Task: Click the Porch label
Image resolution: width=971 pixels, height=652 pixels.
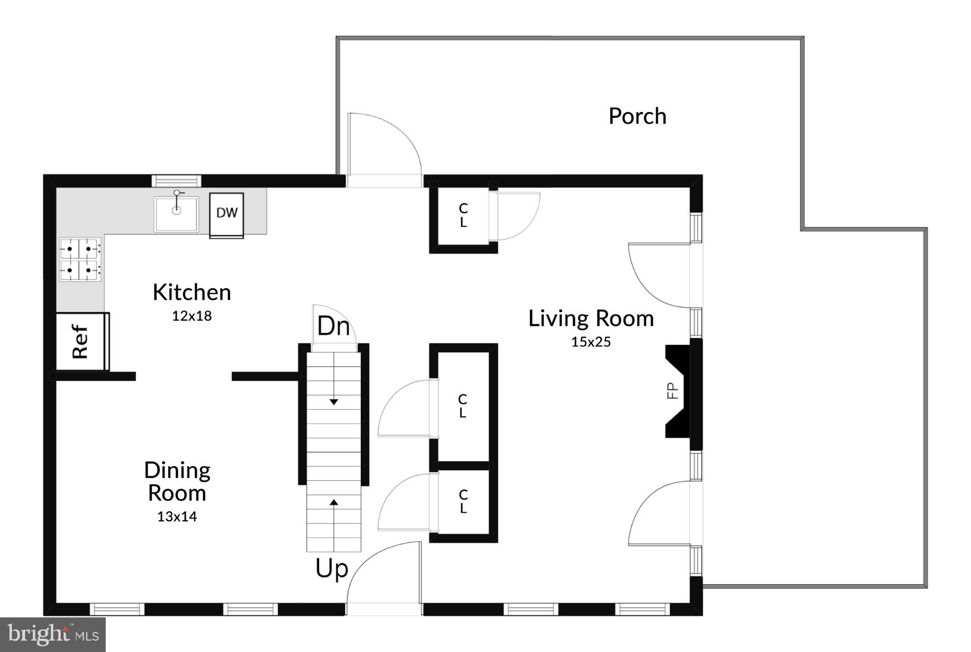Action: click(637, 116)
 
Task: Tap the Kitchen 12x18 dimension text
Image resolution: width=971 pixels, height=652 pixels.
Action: click(192, 316)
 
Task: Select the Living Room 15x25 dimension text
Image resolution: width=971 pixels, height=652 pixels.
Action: click(591, 342)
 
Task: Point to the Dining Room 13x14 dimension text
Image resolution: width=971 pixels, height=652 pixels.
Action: click(177, 516)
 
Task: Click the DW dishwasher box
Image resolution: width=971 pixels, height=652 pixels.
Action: click(227, 213)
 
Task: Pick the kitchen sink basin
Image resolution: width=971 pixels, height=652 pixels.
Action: click(176, 214)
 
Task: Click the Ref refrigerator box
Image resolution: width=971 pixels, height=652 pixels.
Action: click(81, 341)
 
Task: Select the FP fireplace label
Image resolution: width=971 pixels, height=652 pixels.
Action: click(672, 391)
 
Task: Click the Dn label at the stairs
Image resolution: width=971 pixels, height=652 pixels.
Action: click(333, 326)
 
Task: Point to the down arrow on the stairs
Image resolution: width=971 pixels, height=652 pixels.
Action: click(334, 401)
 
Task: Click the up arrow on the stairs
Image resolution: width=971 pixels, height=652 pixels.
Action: click(334, 502)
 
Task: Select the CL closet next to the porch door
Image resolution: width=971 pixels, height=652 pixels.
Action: click(463, 215)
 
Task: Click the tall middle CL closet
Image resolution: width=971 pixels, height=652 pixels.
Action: click(463, 406)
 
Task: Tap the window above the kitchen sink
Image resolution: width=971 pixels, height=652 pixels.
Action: click(176, 181)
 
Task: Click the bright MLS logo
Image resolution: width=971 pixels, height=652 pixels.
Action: click(53, 634)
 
